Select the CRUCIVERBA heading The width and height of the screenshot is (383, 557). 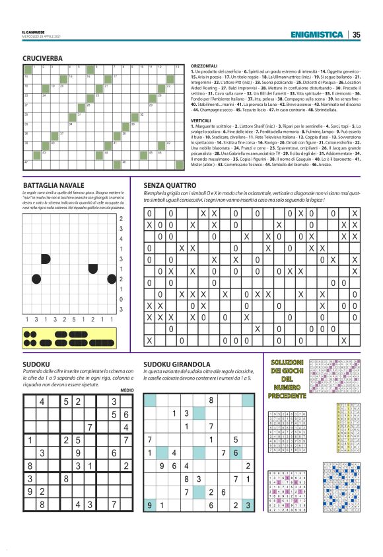click(x=42, y=58)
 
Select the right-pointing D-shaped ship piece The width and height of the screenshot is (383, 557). click(x=47, y=257)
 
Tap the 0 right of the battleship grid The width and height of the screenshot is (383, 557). click(x=121, y=299)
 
